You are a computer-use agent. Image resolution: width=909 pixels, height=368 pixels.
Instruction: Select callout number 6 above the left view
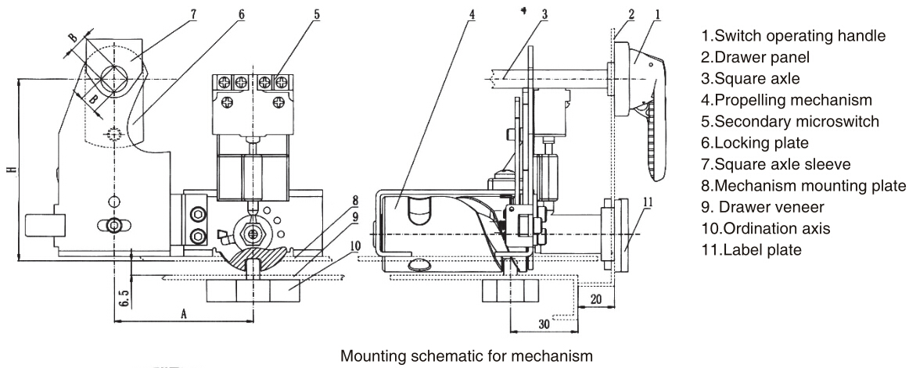pos(241,13)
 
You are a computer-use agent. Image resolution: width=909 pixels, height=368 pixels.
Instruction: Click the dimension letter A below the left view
pos(185,312)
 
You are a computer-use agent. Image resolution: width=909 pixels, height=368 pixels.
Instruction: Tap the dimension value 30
pos(544,321)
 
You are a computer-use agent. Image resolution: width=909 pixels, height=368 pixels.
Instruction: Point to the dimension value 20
pos(596,299)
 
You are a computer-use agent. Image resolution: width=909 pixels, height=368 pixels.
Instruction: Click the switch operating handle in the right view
pos(645,94)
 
